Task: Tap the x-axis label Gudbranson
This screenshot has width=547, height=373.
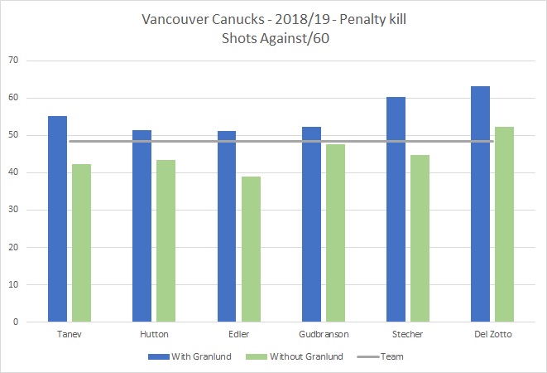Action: coord(323,334)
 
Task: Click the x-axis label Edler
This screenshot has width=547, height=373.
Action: coord(238,334)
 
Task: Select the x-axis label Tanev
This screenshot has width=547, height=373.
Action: coord(70,334)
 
